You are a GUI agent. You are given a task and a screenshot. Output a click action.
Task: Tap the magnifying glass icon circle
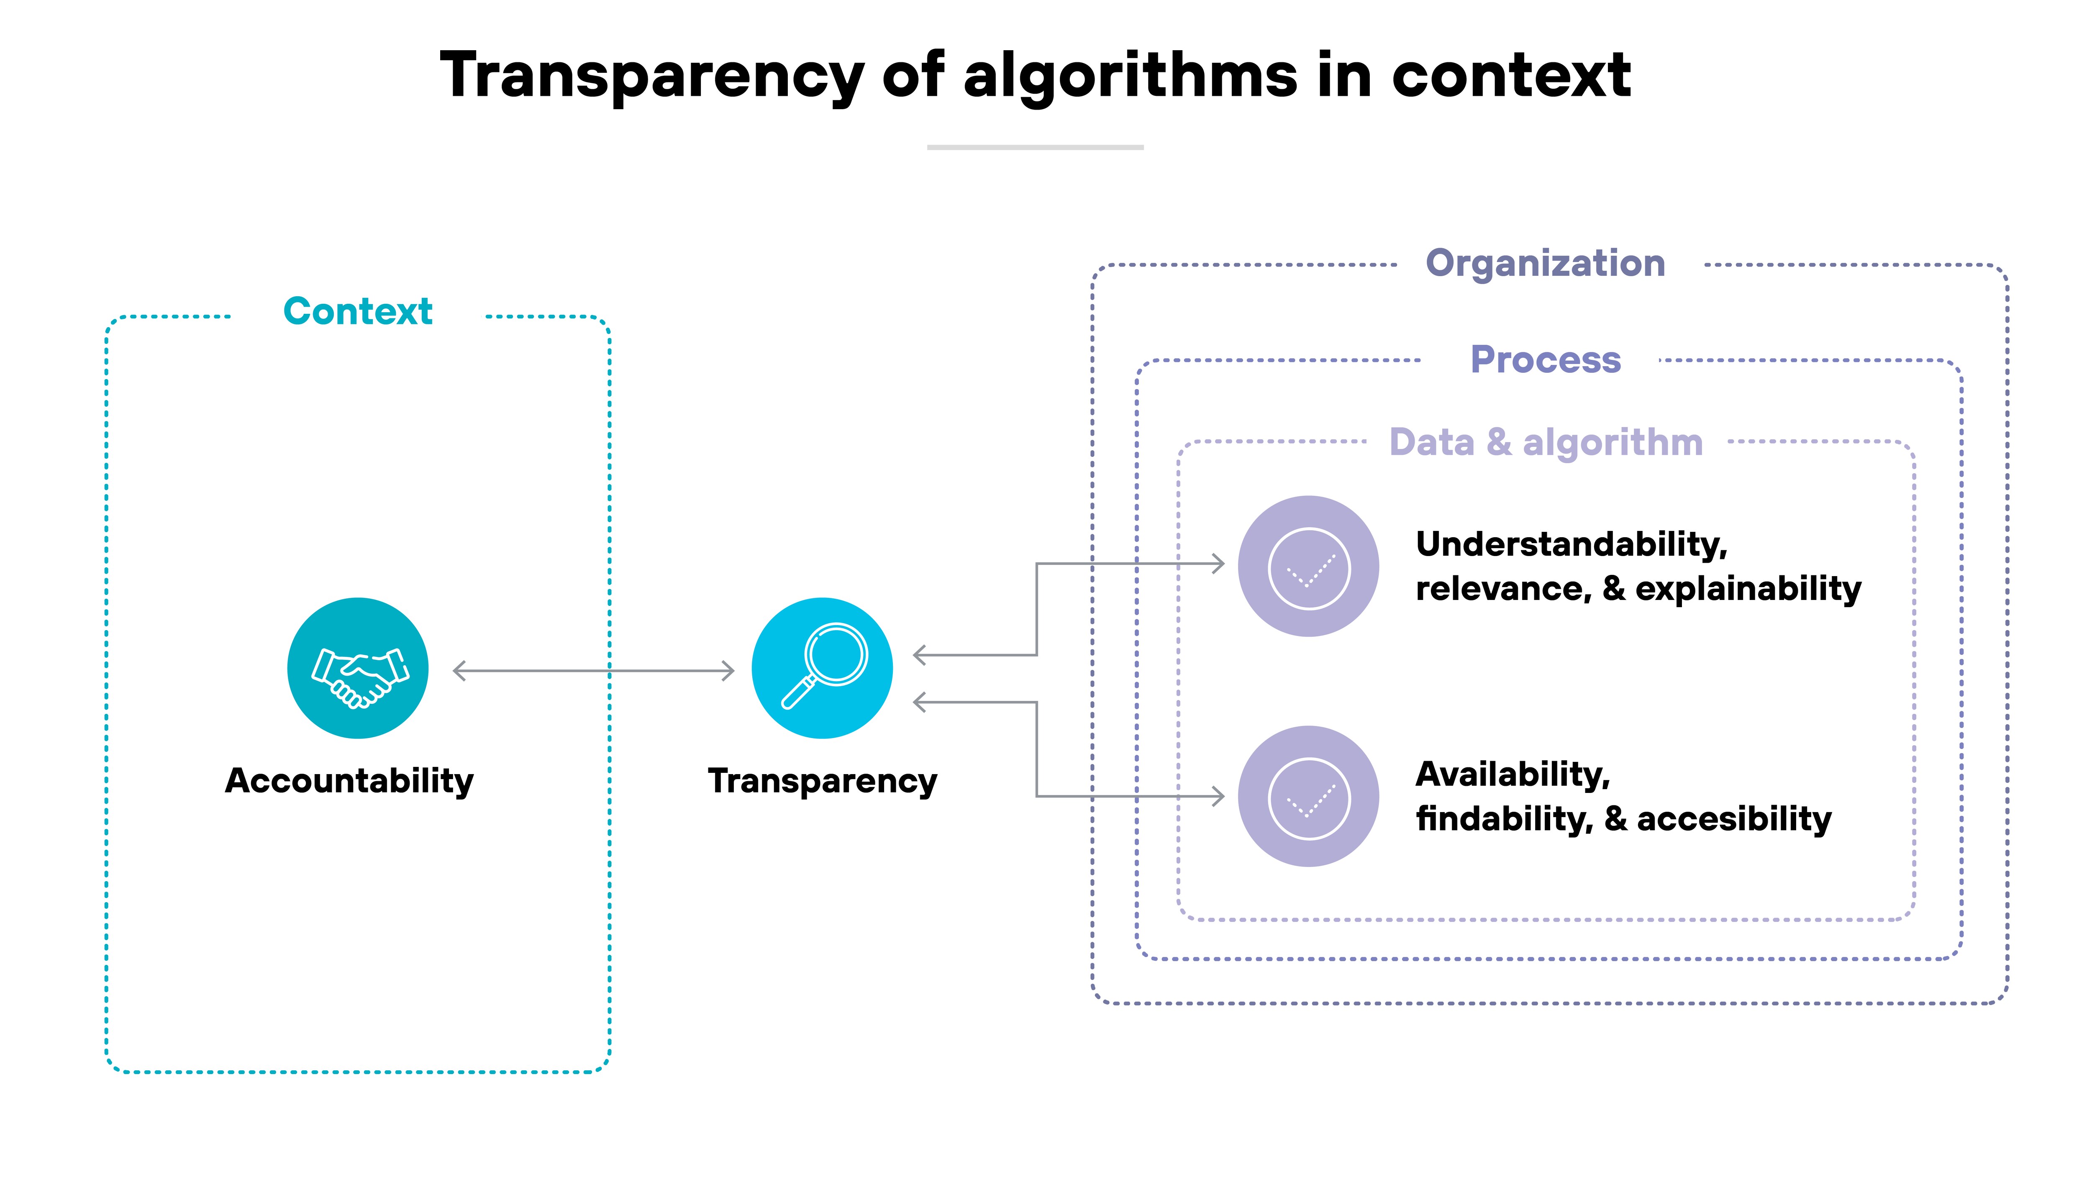822,668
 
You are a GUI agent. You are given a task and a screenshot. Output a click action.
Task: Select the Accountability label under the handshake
349,781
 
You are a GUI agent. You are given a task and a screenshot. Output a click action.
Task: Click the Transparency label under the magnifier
822,781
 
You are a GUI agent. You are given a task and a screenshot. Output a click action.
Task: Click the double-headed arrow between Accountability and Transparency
593,671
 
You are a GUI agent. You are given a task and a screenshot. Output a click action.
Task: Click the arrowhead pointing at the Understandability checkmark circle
1218,564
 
